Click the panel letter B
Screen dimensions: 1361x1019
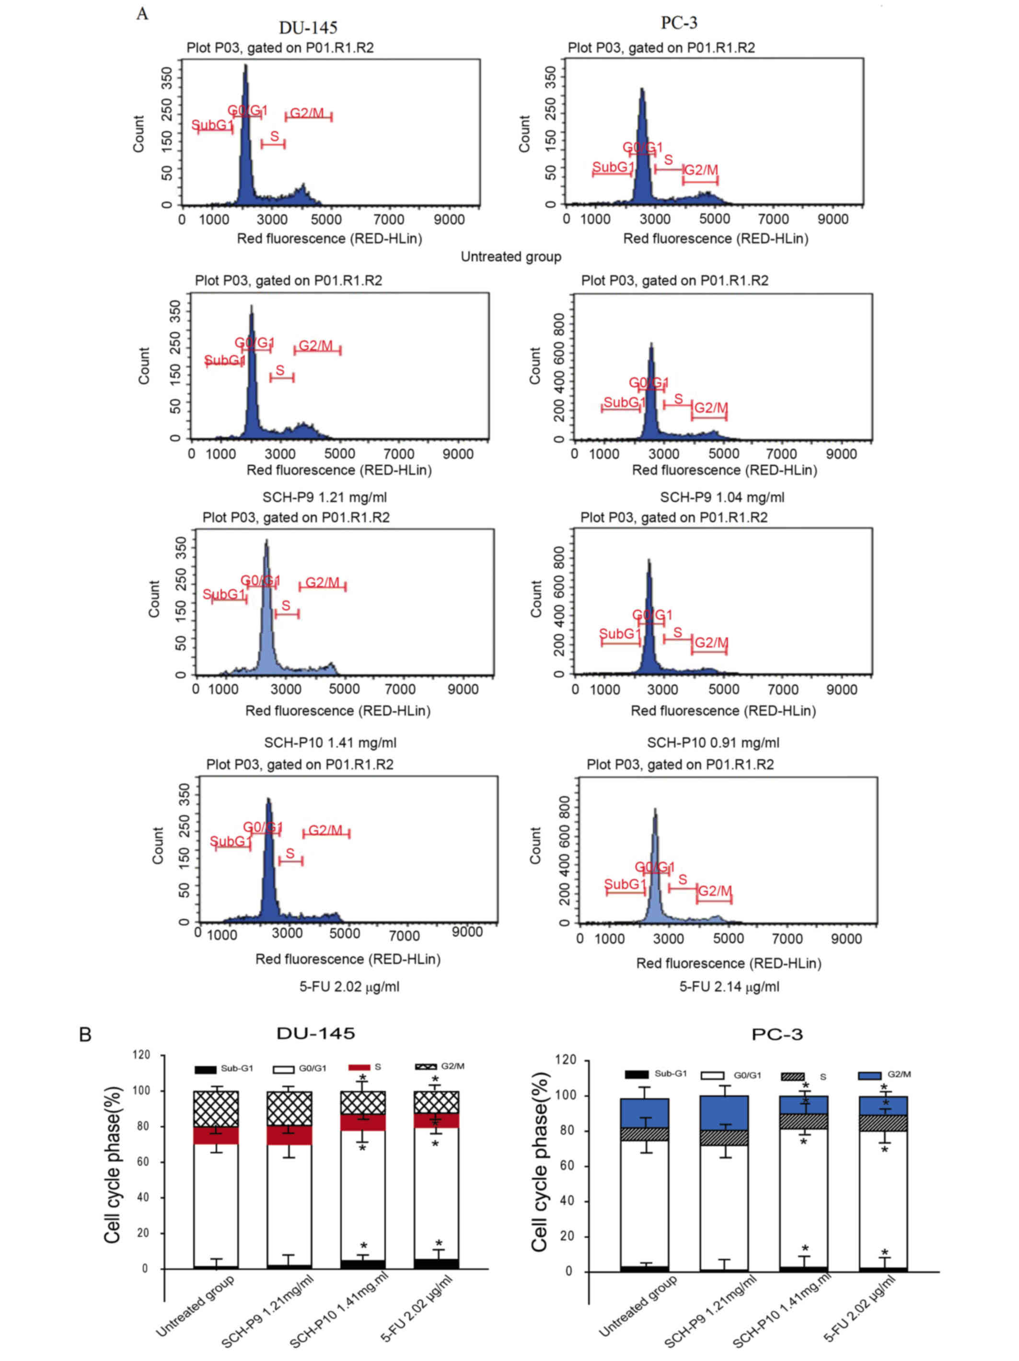click(85, 1034)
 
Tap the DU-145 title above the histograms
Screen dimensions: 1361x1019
click(308, 28)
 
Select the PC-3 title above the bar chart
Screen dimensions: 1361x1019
click(776, 1034)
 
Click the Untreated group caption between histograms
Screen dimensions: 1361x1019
click(510, 257)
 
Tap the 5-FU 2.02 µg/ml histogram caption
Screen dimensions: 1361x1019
click(348, 987)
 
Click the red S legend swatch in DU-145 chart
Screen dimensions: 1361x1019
click(359, 1068)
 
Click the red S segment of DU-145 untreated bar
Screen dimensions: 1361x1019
click(216, 1135)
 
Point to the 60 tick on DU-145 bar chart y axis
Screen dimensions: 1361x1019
click(143, 1162)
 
